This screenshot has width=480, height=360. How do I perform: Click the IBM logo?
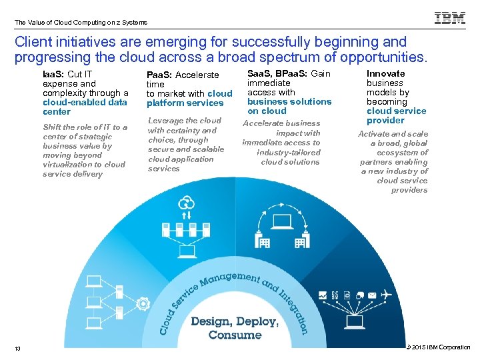pos(450,19)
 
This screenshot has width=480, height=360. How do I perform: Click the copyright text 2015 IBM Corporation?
pos(441,347)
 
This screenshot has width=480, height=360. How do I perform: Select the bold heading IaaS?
pos(53,74)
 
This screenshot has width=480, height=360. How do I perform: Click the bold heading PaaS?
pos(159,75)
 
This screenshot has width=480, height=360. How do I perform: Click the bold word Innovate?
pos(385,73)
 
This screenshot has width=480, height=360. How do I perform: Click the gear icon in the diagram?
pos(142,305)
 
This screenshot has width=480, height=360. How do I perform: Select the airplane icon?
pos(385,295)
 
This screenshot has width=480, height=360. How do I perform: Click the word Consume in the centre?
pos(235,335)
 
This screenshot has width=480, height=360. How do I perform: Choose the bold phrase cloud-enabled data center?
pos(85,107)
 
